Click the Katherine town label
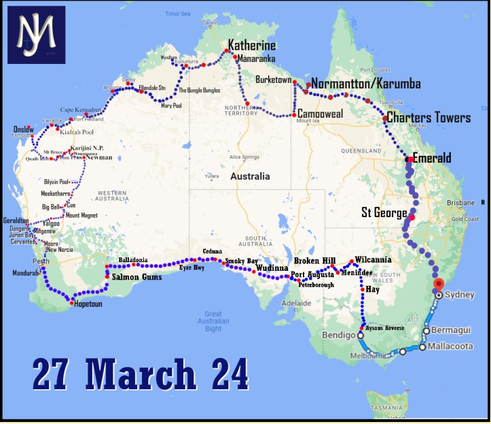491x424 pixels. [x=252, y=46]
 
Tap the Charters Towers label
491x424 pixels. [x=429, y=118]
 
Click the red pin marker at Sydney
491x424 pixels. [x=439, y=285]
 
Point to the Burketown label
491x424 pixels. [x=273, y=80]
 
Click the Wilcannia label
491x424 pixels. [x=373, y=260]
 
